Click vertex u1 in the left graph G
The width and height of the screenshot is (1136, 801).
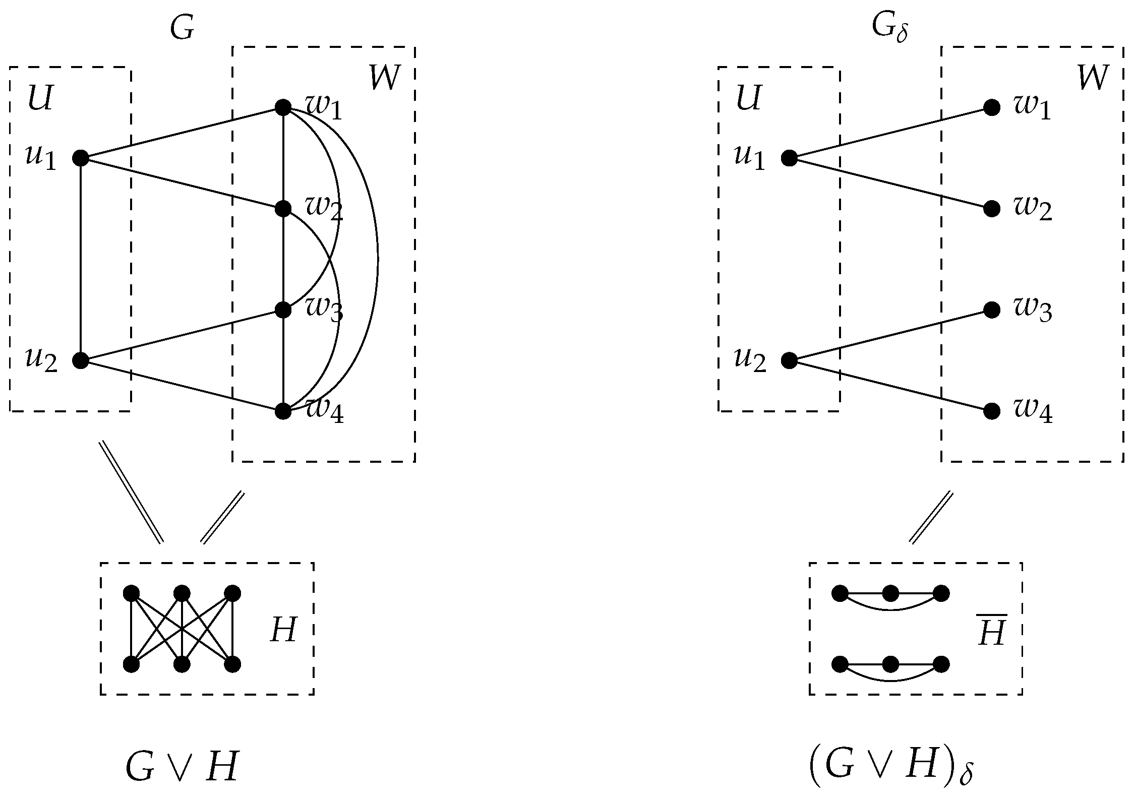pyautogui.click(x=81, y=158)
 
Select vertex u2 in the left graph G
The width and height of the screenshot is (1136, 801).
pyautogui.click(x=81, y=360)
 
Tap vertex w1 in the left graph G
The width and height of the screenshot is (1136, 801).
pyautogui.click(x=283, y=107)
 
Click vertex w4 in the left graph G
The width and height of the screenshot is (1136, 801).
pyautogui.click(x=283, y=411)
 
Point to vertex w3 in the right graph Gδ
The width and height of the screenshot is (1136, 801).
pyautogui.click(x=992, y=310)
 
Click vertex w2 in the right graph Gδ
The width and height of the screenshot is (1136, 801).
pyautogui.click(x=992, y=209)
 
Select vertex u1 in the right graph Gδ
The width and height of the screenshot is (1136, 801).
pyautogui.click(x=789, y=158)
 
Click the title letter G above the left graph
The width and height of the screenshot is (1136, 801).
pyautogui.click(x=182, y=29)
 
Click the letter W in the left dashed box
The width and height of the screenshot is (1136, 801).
pyautogui.click(x=385, y=78)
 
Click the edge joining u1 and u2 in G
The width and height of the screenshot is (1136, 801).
pyautogui.click(x=81, y=260)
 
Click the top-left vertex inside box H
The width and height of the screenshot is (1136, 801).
pyautogui.click(x=131, y=593)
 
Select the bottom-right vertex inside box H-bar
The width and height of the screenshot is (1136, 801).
pyautogui.click(x=941, y=664)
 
